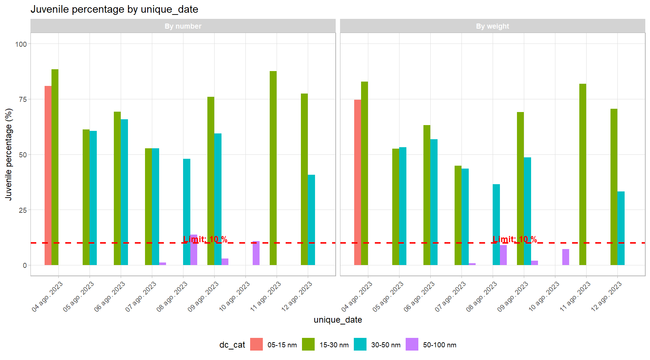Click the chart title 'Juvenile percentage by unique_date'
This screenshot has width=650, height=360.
click(114, 9)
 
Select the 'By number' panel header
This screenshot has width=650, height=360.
click(183, 26)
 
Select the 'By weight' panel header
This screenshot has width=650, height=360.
click(492, 26)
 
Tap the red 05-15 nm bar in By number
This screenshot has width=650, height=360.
click(48, 175)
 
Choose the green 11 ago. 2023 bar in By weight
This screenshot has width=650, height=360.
click(583, 174)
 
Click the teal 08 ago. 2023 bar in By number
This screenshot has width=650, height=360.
click(186, 212)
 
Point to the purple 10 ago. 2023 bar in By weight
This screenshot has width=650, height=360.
click(566, 257)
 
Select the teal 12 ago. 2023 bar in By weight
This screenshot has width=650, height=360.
click(621, 228)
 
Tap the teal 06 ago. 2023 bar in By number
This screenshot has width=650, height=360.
click(124, 192)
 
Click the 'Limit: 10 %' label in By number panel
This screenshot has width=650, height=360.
click(205, 239)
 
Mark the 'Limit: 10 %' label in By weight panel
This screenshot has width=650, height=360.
click(515, 239)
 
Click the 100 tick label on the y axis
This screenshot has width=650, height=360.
click(21, 44)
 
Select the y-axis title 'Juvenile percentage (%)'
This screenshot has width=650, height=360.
click(9, 154)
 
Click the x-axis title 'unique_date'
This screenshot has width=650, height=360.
click(338, 320)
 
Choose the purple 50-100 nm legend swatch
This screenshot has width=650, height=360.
click(412, 344)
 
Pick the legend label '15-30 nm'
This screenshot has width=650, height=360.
click(334, 345)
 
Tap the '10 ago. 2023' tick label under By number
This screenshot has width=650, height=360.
click(235, 297)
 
